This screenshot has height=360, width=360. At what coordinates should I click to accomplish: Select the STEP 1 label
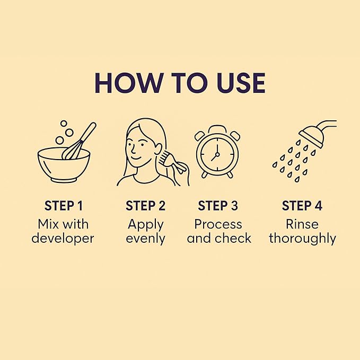tap(64, 206)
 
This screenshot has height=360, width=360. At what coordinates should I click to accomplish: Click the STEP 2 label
tap(145, 206)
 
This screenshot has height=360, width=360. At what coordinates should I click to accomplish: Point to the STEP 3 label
tap(218, 206)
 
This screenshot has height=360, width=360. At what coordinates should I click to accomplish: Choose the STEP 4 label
tap(302, 206)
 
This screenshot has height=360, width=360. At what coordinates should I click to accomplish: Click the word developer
tap(63, 238)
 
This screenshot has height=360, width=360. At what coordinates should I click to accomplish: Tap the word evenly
tap(146, 239)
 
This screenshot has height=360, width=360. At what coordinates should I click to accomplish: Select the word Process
tap(218, 224)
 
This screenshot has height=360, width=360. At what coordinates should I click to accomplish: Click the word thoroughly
tap(303, 239)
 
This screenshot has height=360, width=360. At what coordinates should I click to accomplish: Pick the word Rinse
tap(302, 224)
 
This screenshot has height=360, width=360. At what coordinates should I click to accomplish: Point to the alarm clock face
tap(217, 154)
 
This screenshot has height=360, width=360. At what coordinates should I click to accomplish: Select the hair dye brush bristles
tap(164, 156)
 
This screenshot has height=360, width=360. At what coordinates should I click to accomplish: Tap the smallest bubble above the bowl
tap(64, 124)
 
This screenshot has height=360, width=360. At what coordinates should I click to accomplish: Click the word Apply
tap(146, 225)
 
